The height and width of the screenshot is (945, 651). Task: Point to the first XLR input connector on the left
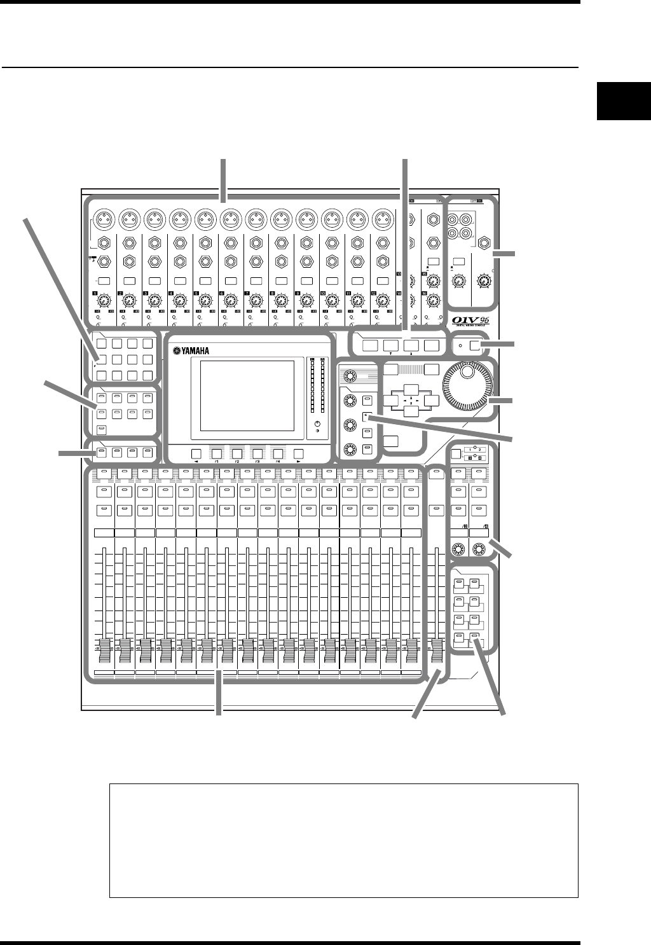[100, 218]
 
